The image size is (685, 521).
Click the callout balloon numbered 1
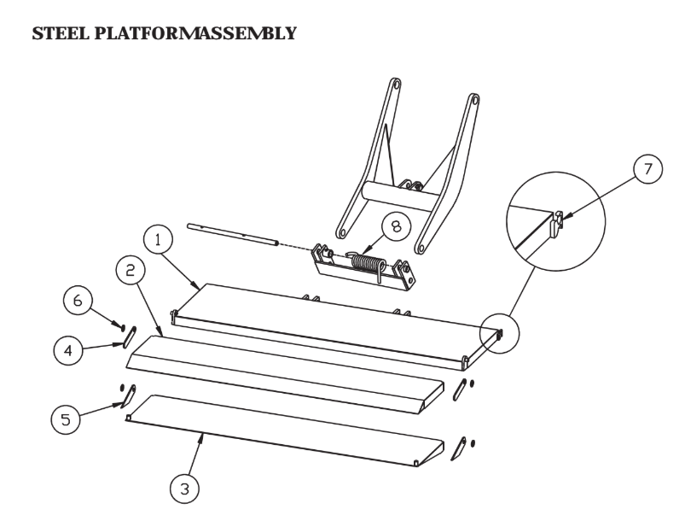(158, 240)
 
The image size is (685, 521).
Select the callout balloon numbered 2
(131, 272)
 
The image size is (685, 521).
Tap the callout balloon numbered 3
(185, 489)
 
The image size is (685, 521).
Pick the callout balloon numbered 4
(68, 350)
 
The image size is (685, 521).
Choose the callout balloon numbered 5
(66, 419)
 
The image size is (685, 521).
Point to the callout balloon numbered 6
(78, 301)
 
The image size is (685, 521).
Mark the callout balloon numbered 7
(647, 169)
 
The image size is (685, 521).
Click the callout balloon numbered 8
(396, 226)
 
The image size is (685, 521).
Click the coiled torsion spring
(366, 265)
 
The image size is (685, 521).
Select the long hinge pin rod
(233, 234)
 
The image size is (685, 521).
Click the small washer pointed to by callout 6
(123, 327)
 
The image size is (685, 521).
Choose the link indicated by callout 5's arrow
(129, 396)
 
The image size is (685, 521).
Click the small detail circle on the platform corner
(500, 333)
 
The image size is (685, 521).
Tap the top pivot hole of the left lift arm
(396, 84)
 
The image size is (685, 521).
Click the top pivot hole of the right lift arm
(473, 99)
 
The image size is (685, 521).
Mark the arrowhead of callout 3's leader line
(201, 436)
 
